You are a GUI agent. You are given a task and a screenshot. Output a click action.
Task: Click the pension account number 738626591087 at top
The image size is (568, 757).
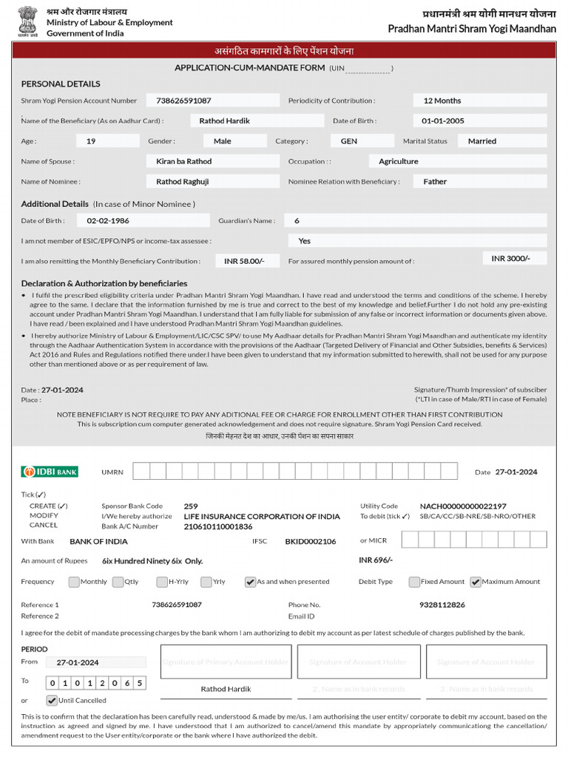click(183, 101)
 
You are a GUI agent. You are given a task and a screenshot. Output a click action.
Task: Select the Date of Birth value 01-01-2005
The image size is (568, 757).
click(443, 120)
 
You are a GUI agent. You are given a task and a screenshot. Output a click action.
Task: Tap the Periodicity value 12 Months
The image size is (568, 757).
click(442, 101)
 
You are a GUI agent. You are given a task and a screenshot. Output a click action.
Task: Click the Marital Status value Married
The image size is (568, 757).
click(482, 140)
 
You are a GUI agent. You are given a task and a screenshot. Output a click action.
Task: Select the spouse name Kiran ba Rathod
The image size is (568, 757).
click(183, 161)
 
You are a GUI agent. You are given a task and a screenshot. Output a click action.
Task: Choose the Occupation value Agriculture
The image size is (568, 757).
click(398, 161)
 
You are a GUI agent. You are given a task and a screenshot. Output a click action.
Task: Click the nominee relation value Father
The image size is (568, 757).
click(435, 181)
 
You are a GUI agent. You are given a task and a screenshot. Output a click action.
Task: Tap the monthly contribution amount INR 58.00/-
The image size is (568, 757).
click(244, 261)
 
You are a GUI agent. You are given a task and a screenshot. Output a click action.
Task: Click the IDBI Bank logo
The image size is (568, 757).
click(50, 472)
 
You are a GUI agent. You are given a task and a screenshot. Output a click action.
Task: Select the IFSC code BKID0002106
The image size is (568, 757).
click(310, 541)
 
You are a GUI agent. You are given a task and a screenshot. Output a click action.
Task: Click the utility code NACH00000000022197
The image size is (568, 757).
click(463, 506)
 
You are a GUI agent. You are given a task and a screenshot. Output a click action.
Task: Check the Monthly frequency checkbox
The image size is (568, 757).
click(74, 582)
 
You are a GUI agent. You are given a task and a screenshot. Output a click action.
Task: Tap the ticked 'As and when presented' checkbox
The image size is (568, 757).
click(250, 582)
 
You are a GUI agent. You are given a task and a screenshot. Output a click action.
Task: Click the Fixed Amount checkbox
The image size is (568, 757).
click(414, 582)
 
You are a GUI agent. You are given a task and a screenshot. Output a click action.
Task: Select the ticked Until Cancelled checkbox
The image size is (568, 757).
click(52, 700)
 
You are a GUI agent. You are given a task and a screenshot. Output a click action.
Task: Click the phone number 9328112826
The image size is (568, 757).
click(442, 605)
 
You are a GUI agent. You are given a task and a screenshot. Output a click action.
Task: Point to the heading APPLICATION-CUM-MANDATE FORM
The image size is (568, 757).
click(249, 68)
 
